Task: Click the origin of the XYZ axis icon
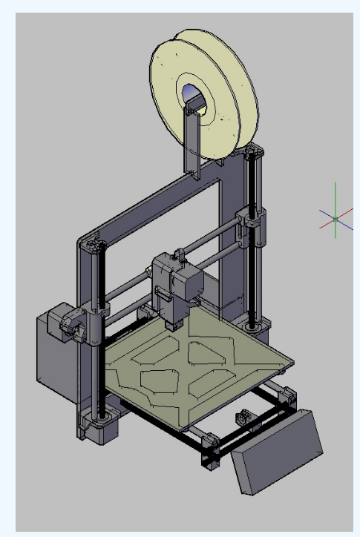[x=336, y=218]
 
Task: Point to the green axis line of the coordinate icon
[x=336, y=197]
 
